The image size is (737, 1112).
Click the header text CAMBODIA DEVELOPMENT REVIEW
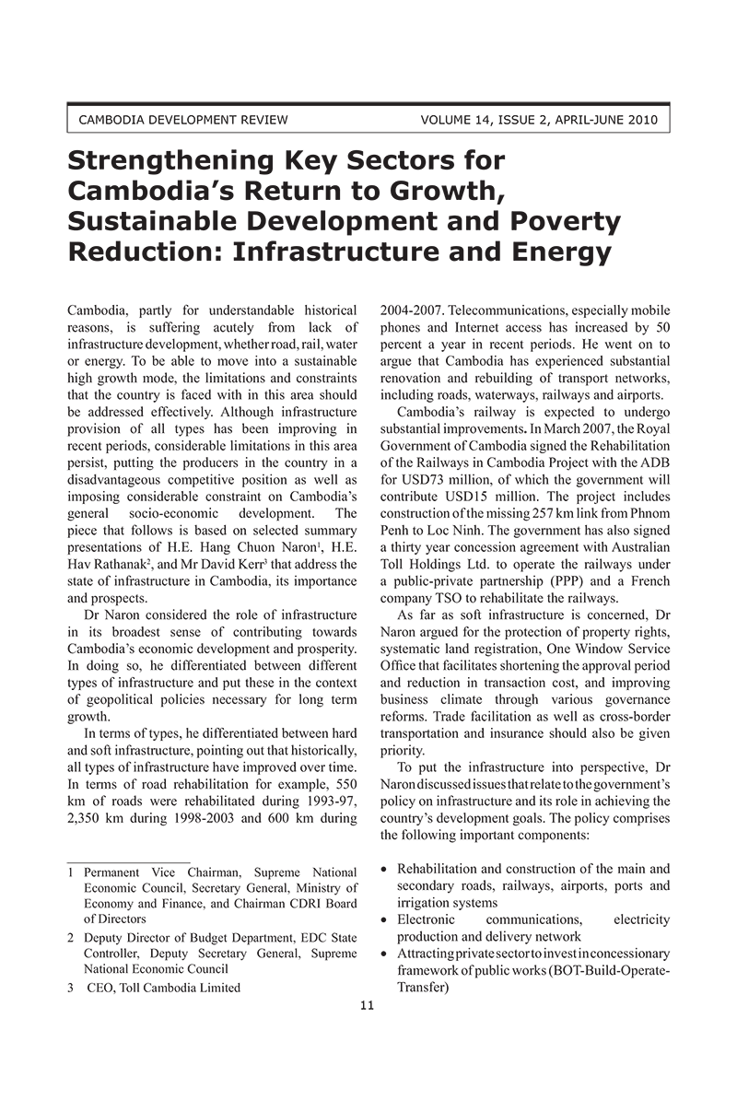[183, 120]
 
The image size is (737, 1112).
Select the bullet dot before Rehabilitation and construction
[384, 870]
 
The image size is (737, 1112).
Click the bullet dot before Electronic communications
[384, 919]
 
